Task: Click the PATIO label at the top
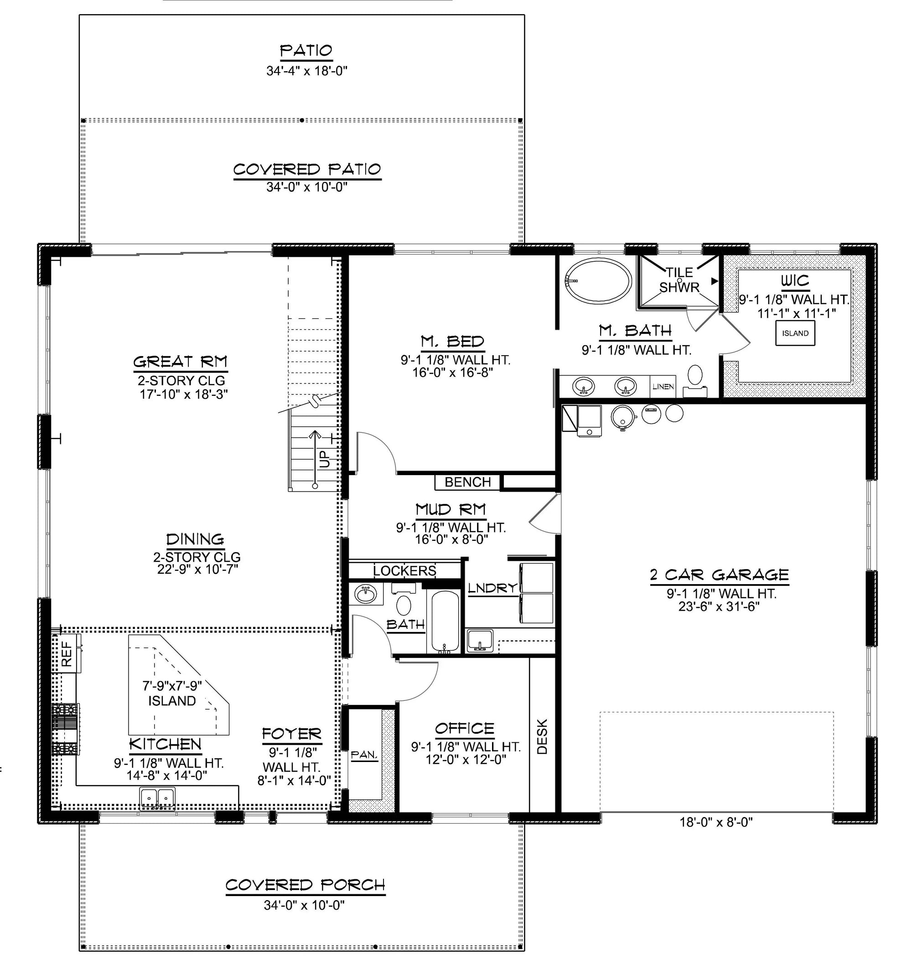[306, 51]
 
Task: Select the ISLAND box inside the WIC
[795, 333]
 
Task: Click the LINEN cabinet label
[663, 387]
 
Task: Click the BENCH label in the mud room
[467, 482]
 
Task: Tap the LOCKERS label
[404, 570]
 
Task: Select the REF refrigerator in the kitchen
[67, 653]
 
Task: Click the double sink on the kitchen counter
[157, 798]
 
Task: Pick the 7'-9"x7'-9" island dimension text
[171, 686]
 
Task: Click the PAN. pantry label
[364, 755]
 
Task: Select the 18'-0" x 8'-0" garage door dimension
[716, 822]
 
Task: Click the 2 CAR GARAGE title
[719, 575]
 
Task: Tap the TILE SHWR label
[679, 280]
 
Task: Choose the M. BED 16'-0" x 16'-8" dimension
[453, 373]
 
